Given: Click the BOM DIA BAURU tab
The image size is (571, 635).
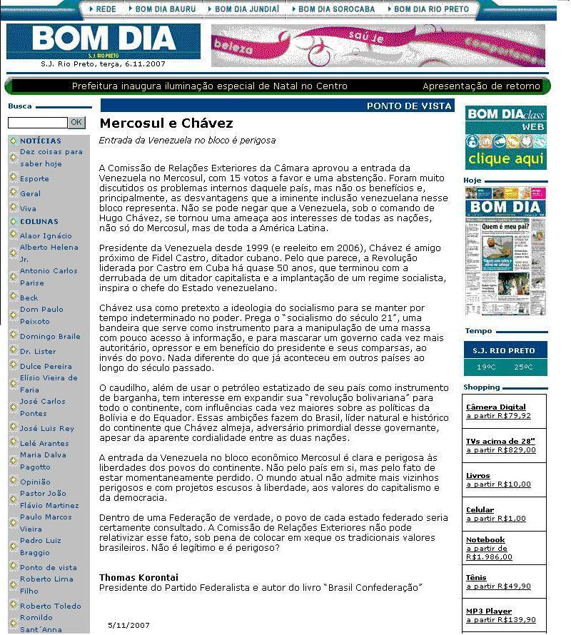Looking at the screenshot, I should click(164, 9).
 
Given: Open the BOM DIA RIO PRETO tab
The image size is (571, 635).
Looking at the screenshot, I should click(432, 9).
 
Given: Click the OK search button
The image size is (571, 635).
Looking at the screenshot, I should click(76, 123).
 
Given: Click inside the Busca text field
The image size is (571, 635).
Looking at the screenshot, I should click(37, 123).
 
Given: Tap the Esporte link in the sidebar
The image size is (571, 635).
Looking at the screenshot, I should click(34, 179).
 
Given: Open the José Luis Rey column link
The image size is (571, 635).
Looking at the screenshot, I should click(47, 429).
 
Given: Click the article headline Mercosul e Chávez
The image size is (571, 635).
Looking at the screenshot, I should click(166, 124).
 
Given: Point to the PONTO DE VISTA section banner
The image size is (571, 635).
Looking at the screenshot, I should click(409, 106).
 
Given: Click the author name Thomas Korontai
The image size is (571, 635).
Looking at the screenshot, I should click(138, 577).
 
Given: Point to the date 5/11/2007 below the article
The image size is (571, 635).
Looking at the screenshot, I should click(129, 625).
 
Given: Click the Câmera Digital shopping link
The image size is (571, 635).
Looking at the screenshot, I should click(495, 407).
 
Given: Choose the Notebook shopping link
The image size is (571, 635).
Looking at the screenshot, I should click(485, 540).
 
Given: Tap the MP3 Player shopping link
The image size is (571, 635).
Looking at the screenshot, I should click(489, 611).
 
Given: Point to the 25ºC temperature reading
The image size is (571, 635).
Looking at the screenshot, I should click(523, 367).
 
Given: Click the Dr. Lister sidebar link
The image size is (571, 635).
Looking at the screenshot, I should click(38, 352).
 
